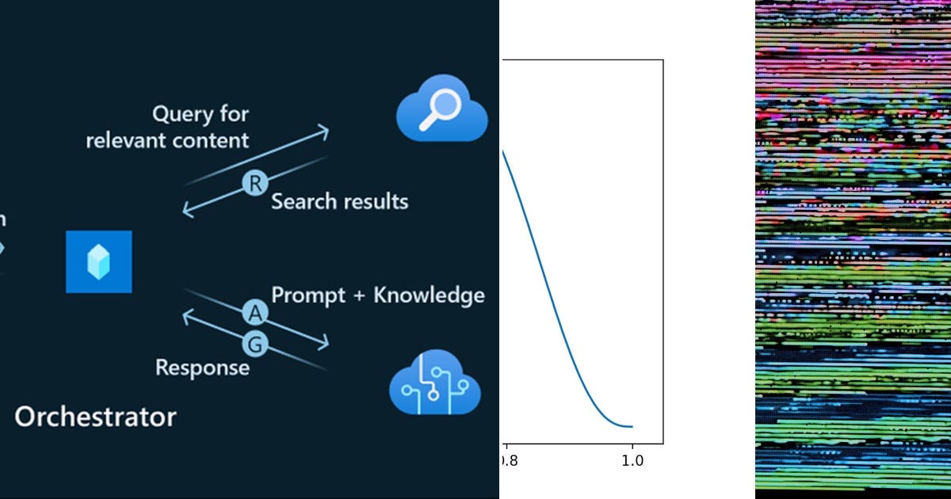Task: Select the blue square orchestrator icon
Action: pos(99,261)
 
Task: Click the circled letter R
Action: pos(255,184)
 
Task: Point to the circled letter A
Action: pos(255,314)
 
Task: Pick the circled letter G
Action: pos(255,345)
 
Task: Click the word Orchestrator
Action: pos(95,417)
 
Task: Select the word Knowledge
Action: pos(429,295)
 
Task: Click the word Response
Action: pos(202,368)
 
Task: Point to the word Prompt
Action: pos(308,296)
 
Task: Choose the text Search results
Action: pos(339,201)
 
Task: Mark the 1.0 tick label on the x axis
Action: pos(632,458)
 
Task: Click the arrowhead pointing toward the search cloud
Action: pos(323,131)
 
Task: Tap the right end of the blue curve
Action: pos(632,427)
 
